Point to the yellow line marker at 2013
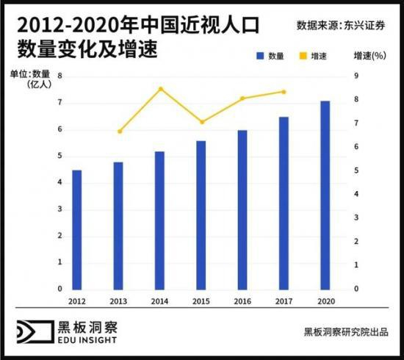pos(119,132)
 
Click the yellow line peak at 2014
pos(160,89)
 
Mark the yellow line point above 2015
pos(202,122)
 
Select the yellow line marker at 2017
pos(284,92)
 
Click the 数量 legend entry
pos(270,55)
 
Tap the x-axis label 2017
pos(284,301)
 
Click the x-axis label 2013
pos(118,301)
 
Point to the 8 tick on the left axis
pos(59,76)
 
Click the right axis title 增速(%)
pos(370,55)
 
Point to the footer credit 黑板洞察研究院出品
pos(347,331)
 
